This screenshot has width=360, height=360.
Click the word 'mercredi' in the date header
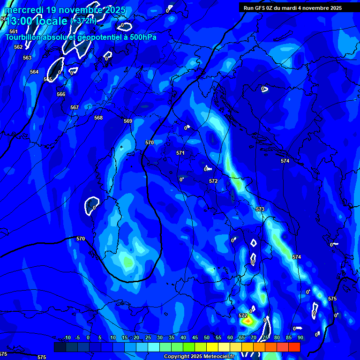(x=24, y=10)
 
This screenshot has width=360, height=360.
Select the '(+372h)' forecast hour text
(x=83, y=21)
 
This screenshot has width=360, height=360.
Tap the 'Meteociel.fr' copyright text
(x=223, y=357)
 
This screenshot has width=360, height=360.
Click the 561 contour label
(x=14, y=31)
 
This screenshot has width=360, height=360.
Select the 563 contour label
(x=27, y=58)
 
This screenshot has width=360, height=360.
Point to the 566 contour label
(x=61, y=94)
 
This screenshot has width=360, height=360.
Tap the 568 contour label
(x=98, y=118)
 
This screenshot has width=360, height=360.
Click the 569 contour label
(x=128, y=121)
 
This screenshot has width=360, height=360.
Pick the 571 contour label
(x=180, y=153)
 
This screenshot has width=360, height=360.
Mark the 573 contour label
(x=260, y=209)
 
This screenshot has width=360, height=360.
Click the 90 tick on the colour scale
(x=300, y=337)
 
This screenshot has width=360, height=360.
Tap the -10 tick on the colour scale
(x=67, y=337)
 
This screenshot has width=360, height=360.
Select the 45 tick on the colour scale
(x=195, y=337)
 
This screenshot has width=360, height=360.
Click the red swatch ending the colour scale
(x=294, y=347)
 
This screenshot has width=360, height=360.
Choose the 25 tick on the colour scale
(x=148, y=337)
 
